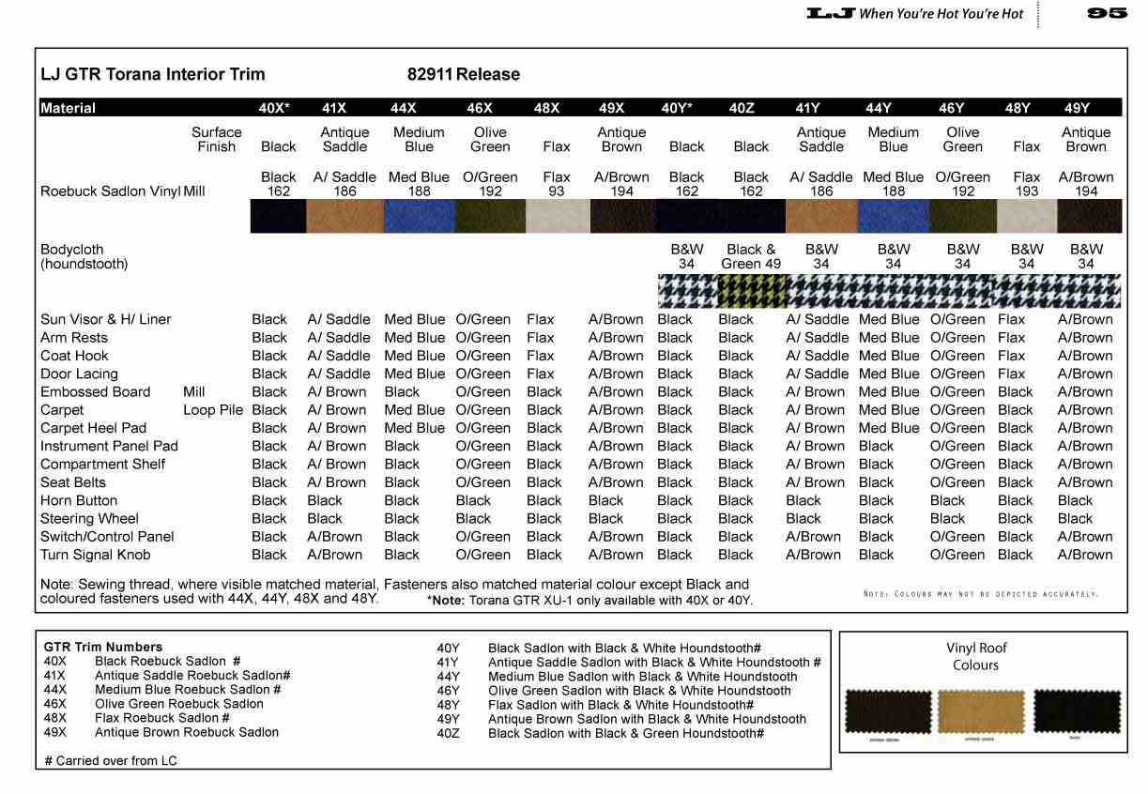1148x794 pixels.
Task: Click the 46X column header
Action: tap(479, 108)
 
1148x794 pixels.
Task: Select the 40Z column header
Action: tap(741, 108)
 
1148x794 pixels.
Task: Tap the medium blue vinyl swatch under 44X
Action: tap(420, 217)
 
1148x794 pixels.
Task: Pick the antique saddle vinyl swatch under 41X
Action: tap(344, 217)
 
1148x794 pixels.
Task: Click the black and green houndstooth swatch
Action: tap(752, 292)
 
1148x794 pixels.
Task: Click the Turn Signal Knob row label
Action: tap(95, 555)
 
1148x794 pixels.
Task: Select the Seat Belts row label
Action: tap(73, 482)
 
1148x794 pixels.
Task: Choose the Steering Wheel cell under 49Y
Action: tap(1075, 518)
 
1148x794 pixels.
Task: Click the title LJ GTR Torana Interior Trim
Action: tap(153, 74)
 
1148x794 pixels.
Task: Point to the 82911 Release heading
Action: tap(463, 74)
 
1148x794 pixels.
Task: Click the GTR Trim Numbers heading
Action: tap(103, 647)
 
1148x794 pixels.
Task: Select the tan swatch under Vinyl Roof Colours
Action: tap(981, 712)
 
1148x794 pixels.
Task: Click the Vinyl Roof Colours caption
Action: tap(975, 656)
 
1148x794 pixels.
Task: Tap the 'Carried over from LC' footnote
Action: tap(111, 760)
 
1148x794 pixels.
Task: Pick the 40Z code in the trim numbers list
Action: tap(449, 733)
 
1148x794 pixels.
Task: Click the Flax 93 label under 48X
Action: tap(557, 184)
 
